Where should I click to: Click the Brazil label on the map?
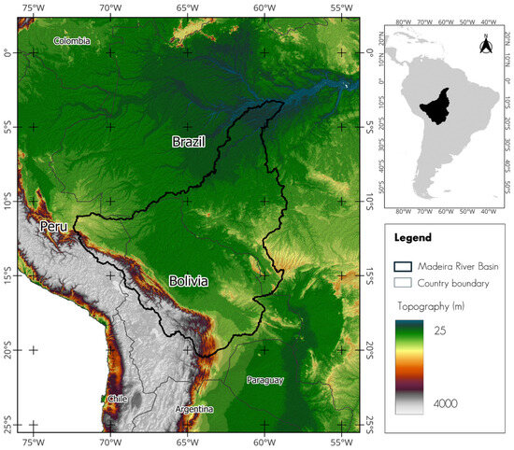click(x=188, y=142)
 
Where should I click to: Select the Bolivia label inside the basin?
click(x=189, y=281)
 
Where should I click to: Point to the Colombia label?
click(x=72, y=40)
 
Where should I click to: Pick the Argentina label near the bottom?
click(x=193, y=409)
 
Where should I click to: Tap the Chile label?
click(x=117, y=398)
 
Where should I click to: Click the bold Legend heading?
click(x=412, y=238)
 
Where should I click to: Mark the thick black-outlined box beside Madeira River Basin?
click(x=408, y=265)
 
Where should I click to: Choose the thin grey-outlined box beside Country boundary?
click(x=408, y=284)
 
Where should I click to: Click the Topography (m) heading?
click(x=442, y=305)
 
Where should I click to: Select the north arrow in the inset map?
click(x=485, y=44)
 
